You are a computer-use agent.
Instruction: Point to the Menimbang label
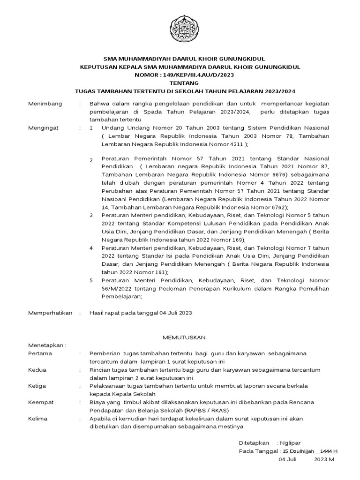tap(45, 104)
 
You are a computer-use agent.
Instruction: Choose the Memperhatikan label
tap(51, 313)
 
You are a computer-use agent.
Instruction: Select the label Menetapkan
tap(47, 345)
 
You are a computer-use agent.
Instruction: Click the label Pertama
tap(40, 353)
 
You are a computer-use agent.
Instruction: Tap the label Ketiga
tap(39, 386)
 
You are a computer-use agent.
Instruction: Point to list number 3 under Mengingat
tap(91, 215)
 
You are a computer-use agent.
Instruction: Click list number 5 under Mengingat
tap(91, 280)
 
